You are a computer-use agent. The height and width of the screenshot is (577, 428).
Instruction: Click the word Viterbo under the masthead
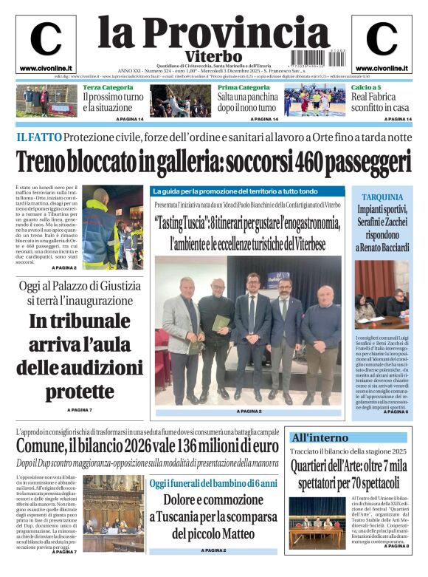[x=214, y=56]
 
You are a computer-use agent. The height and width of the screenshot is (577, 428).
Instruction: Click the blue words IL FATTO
[x=38, y=137]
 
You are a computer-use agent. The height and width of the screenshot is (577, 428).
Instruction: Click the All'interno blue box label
[x=320, y=437]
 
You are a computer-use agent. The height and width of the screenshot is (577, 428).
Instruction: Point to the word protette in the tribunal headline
[x=70, y=389]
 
